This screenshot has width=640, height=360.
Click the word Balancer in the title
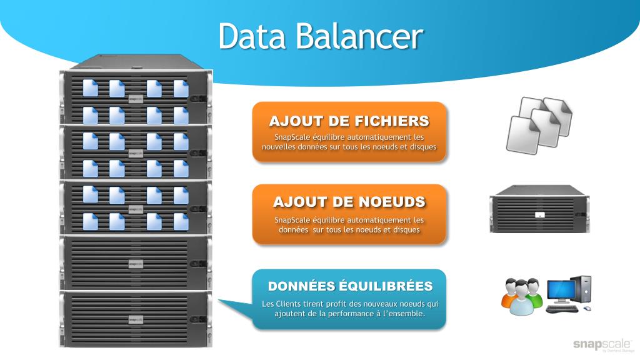(359, 36)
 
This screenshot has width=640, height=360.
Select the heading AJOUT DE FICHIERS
(349, 121)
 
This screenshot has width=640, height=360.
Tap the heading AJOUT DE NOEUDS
(349, 202)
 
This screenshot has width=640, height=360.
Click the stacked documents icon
(538, 124)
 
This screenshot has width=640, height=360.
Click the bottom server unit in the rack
(135, 319)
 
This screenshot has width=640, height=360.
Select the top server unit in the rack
(135, 97)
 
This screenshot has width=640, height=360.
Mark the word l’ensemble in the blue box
(404, 313)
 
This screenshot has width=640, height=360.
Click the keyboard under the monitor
(561, 308)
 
